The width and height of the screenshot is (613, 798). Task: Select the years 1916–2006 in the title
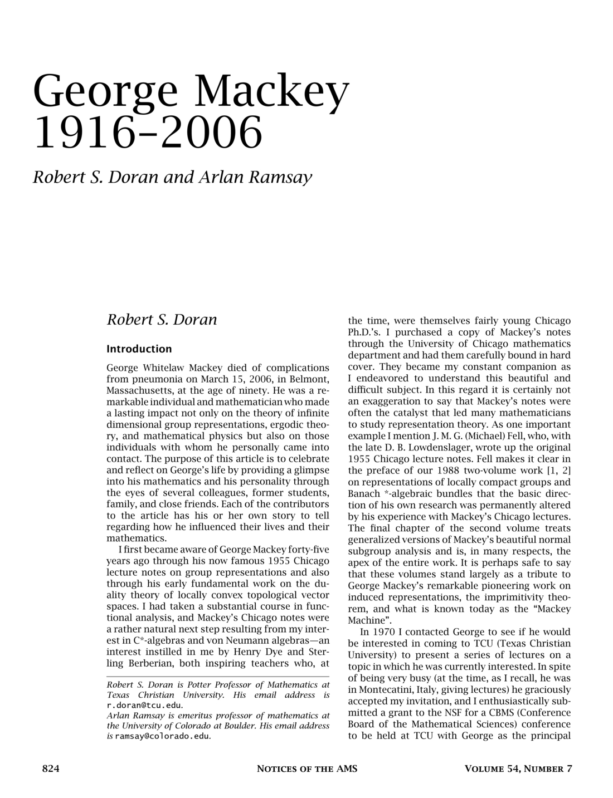pyautogui.click(x=148, y=132)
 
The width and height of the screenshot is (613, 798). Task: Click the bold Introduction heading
pyautogui.click(x=139, y=349)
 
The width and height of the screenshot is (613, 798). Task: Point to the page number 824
pyautogui.click(x=51, y=769)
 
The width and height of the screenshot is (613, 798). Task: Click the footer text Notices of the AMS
pyautogui.click(x=306, y=769)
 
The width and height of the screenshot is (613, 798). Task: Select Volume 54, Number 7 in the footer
pyautogui.click(x=518, y=769)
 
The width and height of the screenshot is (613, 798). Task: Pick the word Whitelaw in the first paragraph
pyautogui.click(x=166, y=368)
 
